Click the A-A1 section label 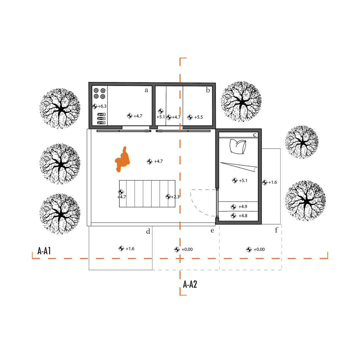[44, 251]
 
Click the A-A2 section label [190, 284]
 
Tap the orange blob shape [123, 159]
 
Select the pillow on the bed [238, 146]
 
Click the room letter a [146, 90]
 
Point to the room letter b [208, 90]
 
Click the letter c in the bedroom [255, 135]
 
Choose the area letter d [148, 231]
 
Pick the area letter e [212, 231]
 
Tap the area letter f [276, 230]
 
